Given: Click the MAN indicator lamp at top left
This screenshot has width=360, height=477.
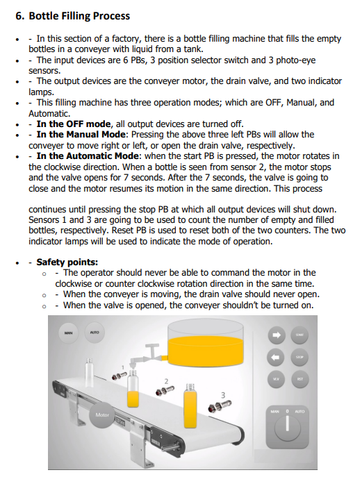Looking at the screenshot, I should point(68,333).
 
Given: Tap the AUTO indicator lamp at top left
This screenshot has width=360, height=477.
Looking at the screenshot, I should point(95,333).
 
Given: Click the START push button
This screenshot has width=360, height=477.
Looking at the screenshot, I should point(300,335).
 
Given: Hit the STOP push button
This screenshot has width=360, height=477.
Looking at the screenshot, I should point(300,357).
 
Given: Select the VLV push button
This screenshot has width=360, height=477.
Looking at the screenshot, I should point(276,379).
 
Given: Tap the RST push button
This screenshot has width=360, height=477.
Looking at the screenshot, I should point(300,379).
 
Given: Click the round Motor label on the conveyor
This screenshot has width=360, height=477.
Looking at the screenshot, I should point(102,415).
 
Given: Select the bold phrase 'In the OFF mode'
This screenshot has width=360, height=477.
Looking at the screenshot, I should point(73,124).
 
